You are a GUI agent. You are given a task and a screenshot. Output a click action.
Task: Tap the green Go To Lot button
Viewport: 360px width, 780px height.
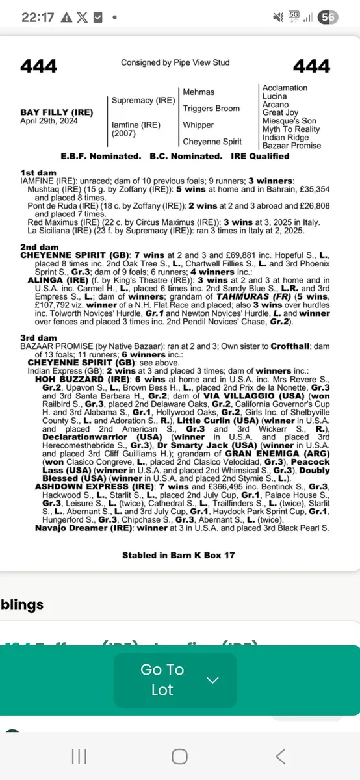pyautogui.click(x=162, y=680)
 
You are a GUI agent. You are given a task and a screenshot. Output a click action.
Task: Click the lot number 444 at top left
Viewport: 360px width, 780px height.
pyautogui.click(x=38, y=66)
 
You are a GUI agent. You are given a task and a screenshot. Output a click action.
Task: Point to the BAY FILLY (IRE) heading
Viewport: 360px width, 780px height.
pyautogui.click(x=57, y=112)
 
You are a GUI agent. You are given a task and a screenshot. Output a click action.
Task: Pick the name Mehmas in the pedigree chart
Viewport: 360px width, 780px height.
pyautogui.click(x=198, y=92)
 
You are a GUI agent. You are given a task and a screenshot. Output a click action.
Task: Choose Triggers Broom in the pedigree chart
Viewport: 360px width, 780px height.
pyautogui.click(x=211, y=109)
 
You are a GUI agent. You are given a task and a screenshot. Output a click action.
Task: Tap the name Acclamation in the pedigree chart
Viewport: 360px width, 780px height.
pyautogui.click(x=285, y=88)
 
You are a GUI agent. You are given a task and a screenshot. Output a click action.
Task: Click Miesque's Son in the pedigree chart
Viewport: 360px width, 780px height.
pyautogui.click(x=289, y=121)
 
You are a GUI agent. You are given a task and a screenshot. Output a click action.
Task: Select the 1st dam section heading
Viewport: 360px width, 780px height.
pyautogui.click(x=36, y=172)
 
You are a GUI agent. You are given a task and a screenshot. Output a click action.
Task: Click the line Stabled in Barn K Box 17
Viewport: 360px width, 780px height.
pyautogui.click(x=178, y=555)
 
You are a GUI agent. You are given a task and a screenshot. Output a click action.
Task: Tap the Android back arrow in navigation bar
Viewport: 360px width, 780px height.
pyautogui.click(x=280, y=756)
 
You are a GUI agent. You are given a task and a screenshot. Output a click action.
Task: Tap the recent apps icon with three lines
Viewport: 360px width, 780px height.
pyautogui.click(x=79, y=756)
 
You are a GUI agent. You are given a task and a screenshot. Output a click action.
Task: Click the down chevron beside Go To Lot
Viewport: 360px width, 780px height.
pyautogui.click(x=212, y=680)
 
